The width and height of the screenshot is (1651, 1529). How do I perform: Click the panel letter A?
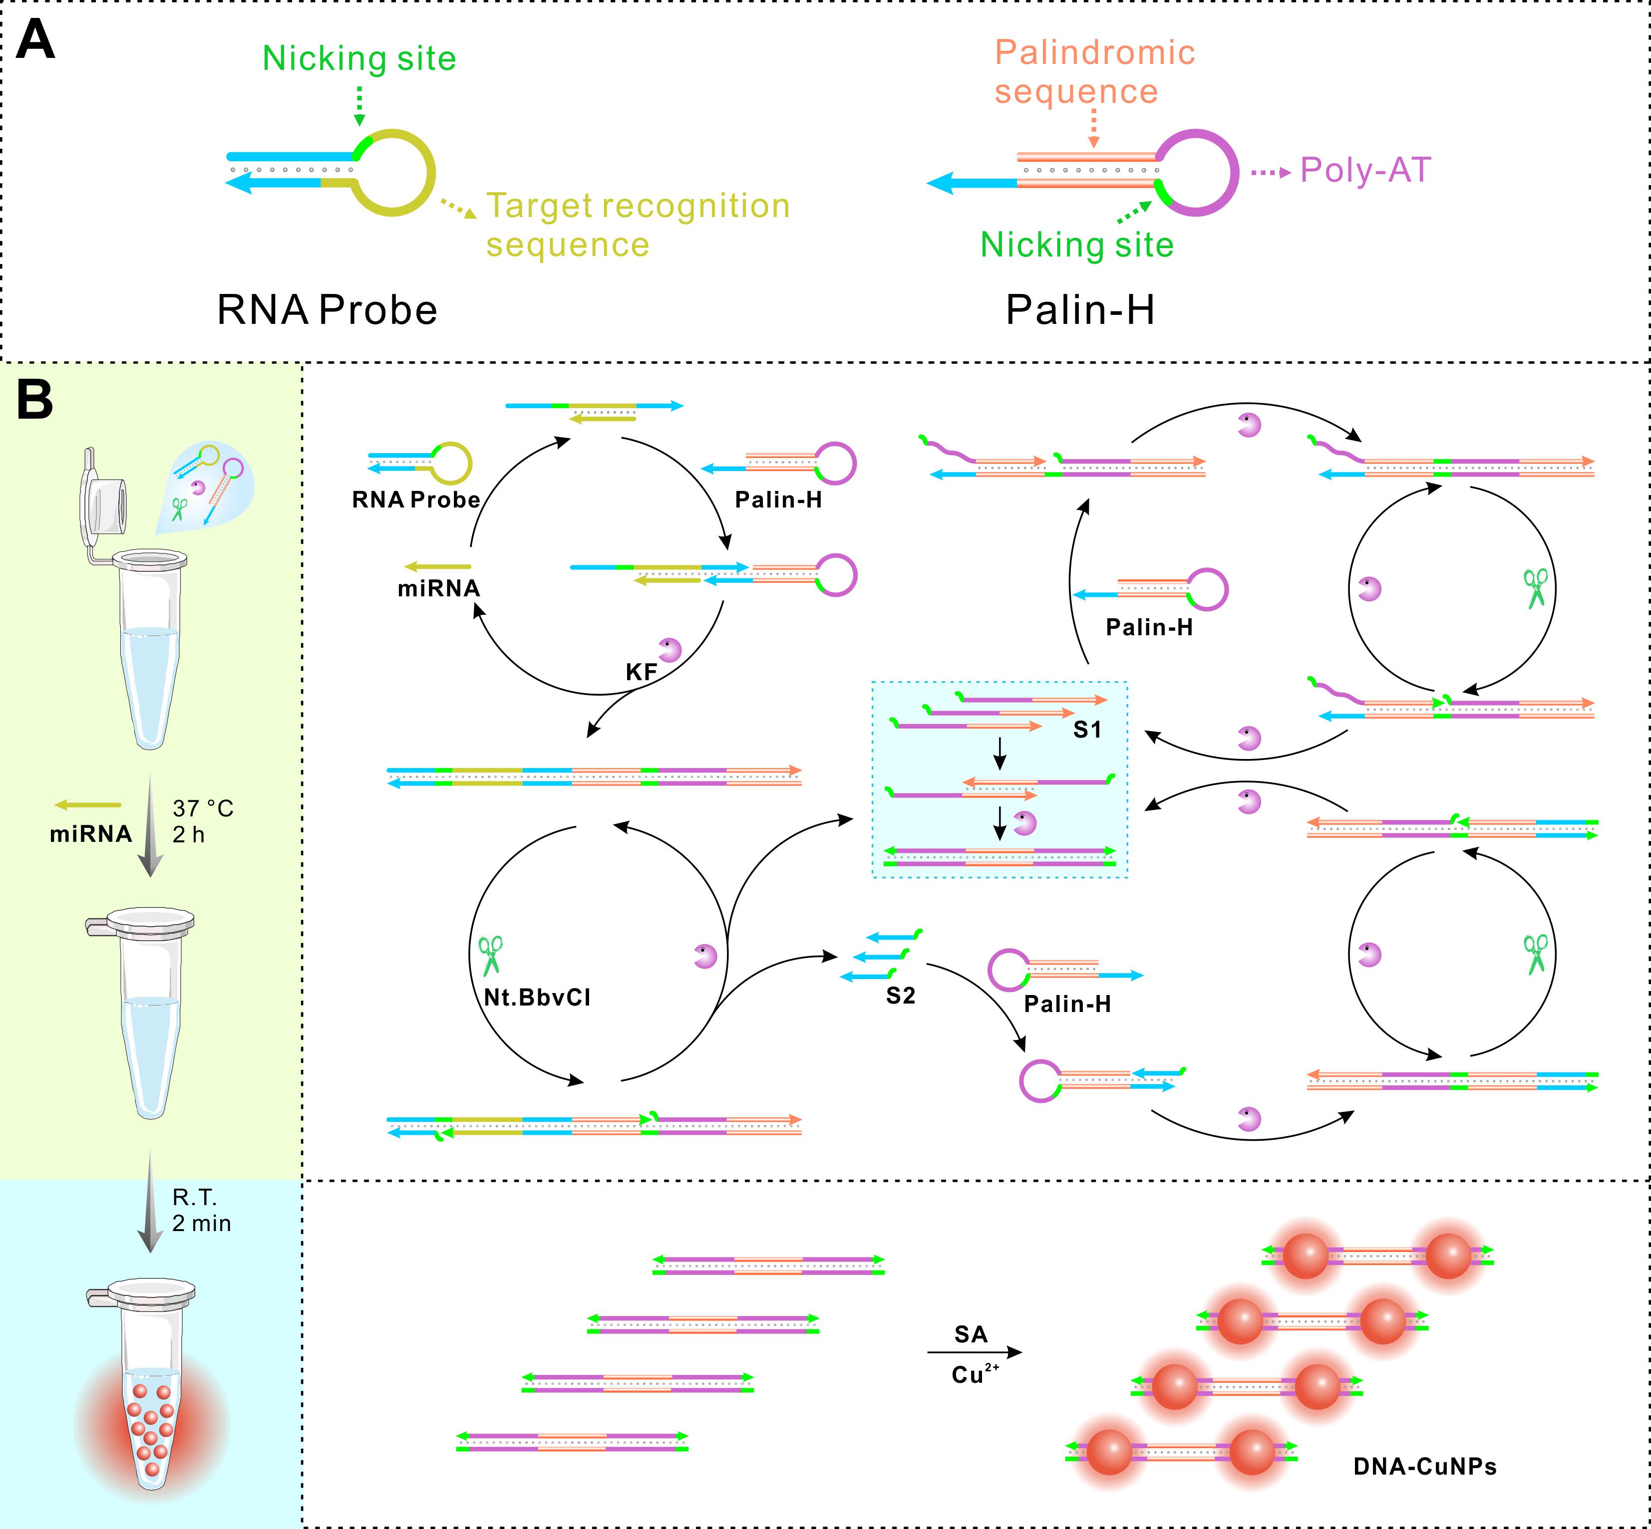click(x=35, y=40)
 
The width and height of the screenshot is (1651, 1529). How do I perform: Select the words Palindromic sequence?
click(x=1094, y=72)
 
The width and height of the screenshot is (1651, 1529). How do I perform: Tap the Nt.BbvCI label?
click(x=537, y=997)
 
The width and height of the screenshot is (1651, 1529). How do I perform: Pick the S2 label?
click(x=901, y=996)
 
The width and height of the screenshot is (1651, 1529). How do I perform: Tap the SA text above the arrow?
click(x=971, y=1334)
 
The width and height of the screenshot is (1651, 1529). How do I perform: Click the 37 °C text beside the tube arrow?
click(x=203, y=808)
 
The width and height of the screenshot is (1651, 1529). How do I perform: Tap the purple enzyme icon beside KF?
click(x=669, y=650)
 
